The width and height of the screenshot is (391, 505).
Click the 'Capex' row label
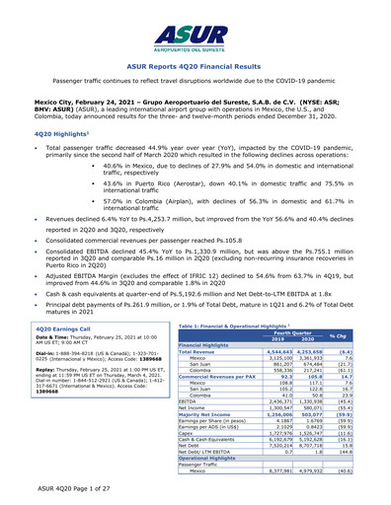pos(157,430)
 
